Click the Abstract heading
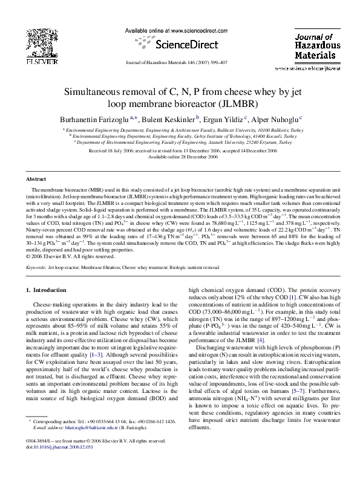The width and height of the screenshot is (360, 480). (x=36, y=180)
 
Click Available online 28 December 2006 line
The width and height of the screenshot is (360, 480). (x=180, y=156)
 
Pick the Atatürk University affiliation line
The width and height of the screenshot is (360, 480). (x=180, y=142)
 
